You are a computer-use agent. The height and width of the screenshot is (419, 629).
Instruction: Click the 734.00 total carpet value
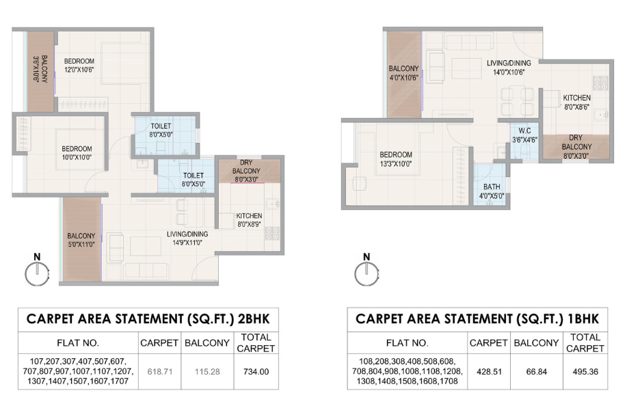[x=256, y=372]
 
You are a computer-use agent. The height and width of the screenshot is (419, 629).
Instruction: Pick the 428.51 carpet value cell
[x=488, y=372]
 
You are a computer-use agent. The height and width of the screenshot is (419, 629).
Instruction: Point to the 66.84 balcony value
[x=535, y=372]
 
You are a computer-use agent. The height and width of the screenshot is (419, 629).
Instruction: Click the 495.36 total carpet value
[x=585, y=372]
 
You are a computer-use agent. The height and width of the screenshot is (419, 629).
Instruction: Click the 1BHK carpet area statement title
[x=477, y=319]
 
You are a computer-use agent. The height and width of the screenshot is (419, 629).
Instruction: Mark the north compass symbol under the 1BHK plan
[x=366, y=271]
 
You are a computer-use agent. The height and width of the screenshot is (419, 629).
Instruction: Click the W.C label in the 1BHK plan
[x=524, y=135]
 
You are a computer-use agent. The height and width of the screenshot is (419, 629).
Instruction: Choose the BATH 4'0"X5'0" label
[x=492, y=191]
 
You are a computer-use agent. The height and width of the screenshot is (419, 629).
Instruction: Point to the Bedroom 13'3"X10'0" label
[x=396, y=159]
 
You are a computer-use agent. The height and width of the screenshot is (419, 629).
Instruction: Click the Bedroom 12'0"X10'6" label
[x=79, y=66]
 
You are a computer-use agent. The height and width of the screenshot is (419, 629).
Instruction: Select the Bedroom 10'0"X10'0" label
[x=76, y=152]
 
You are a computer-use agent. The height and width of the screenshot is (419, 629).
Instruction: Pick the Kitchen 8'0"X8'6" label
[x=576, y=102]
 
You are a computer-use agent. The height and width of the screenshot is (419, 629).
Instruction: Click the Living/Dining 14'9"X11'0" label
[x=187, y=238]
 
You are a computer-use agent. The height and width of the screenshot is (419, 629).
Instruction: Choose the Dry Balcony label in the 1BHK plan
[x=576, y=146]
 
